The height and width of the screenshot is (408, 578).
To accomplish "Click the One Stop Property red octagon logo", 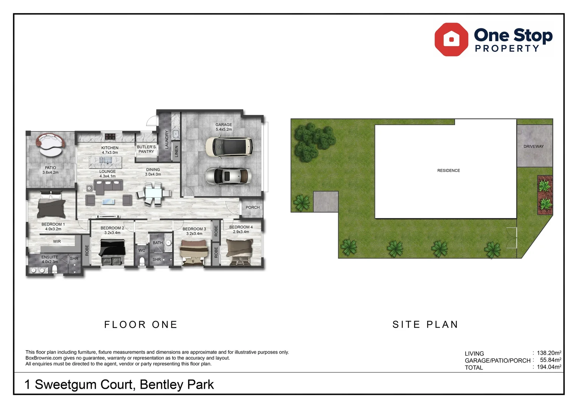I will coord(451,40).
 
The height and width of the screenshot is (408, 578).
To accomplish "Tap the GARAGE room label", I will coord(224,125).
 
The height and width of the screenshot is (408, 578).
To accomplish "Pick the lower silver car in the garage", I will coord(228,176).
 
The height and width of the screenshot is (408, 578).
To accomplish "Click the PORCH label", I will coord(252,207).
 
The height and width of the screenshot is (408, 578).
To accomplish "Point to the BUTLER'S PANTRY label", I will coord(146,149).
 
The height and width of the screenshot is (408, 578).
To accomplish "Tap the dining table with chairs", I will coord(154,193).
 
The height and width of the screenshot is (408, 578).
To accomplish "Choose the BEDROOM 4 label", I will coord(241,227).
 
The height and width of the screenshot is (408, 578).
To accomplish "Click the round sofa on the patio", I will coord(51,145).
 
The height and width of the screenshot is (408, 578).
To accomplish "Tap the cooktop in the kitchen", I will coord(110,136).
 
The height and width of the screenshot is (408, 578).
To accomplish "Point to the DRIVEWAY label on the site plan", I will coord(533,147).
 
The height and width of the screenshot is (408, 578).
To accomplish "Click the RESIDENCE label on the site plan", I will coord(448,171).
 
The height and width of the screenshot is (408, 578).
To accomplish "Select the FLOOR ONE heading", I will coord(141,325).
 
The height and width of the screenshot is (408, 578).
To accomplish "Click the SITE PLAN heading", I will coord(425,325).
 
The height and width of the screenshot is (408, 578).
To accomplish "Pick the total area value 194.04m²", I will coord(549,367).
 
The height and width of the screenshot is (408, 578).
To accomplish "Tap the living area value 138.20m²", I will coord(549,353).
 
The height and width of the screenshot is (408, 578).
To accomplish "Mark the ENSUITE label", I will coord(50,257).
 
